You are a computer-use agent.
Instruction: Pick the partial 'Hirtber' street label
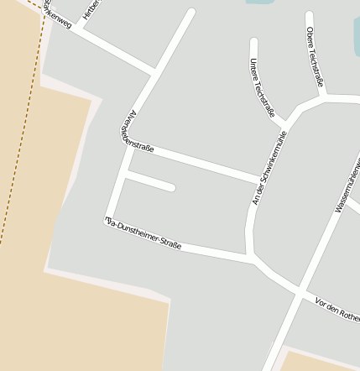click(91, 8)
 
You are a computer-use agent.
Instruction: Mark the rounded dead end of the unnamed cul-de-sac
click(171, 187)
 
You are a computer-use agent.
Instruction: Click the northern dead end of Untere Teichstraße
click(253, 41)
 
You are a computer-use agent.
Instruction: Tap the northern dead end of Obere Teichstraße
click(309, 16)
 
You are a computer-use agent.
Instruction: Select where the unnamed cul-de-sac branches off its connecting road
click(127, 176)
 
